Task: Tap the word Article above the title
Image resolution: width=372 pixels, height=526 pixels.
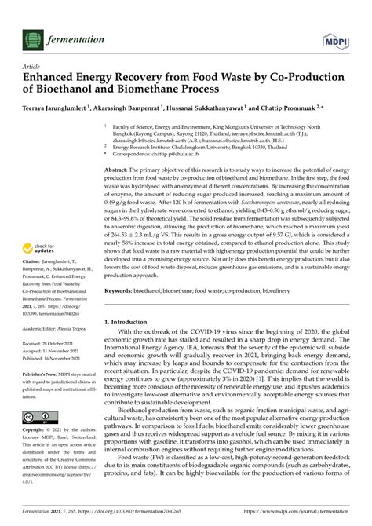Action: [x=31, y=68]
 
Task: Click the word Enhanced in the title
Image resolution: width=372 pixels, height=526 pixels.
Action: [x=54, y=79]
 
